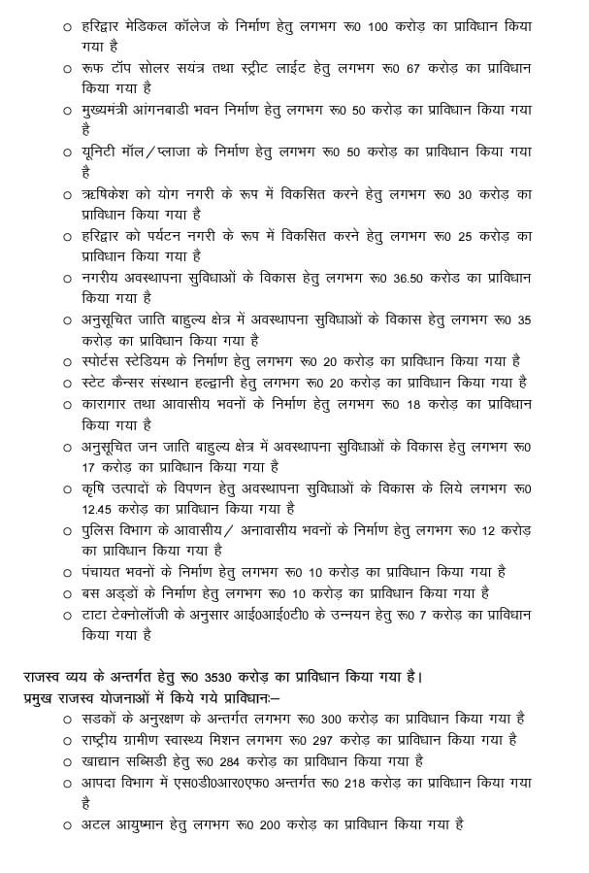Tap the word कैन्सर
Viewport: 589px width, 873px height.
coord(143,382)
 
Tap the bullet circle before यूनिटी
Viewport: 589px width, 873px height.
coord(67,153)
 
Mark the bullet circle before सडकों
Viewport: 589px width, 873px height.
coord(67,719)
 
